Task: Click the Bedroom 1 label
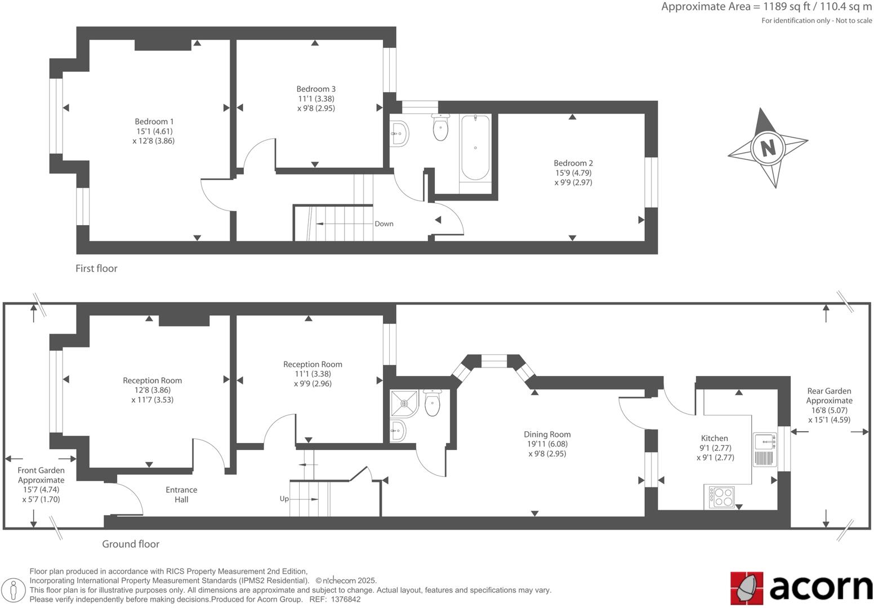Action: [x=154, y=122]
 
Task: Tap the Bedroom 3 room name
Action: [x=316, y=89]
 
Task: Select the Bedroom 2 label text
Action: [x=573, y=163]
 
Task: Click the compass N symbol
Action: [x=767, y=147]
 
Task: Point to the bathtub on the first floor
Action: [x=475, y=147]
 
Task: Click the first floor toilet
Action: [x=440, y=127]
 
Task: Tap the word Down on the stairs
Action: [x=384, y=224]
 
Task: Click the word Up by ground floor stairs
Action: [x=284, y=499]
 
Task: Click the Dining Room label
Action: [x=547, y=435]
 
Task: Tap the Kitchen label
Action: [x=714, y=439]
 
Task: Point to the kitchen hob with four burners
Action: [x=723, y=497]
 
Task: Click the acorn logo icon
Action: [x=746, y=587]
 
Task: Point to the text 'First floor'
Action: [x=96, y=269]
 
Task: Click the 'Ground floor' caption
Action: [x=130, y=544]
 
